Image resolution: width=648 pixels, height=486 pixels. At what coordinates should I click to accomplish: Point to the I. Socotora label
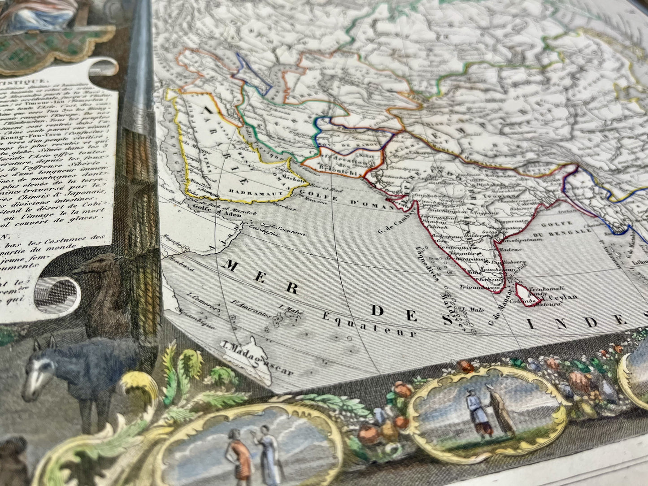coord(285,232)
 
